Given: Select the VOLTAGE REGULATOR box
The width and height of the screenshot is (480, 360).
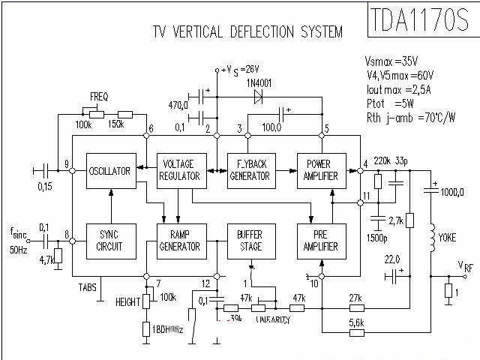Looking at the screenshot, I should (x=179, y=171).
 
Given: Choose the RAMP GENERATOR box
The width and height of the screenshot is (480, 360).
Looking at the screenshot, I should (x=179, y=240).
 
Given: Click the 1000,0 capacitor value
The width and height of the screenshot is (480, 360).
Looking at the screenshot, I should (x=453, y=193).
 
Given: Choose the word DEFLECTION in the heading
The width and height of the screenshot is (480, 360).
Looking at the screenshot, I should (x=254, y=31).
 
